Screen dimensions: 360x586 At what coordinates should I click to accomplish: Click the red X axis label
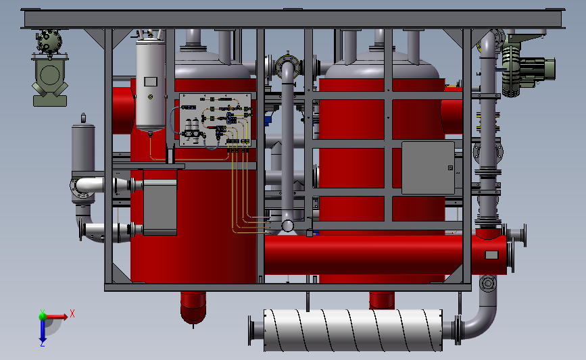pyautogui.click(x=72, y=313)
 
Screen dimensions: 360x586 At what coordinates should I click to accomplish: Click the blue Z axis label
pyautogui.click(x=42, y=343)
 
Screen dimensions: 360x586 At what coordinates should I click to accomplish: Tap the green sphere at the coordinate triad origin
pyautogui.click(x=42, y=315)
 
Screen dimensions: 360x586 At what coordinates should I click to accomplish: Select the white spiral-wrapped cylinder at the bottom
pyautogui.click(x=351, y=330)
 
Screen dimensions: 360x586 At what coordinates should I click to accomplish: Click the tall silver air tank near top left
pyautogui.click(x=151, y=84)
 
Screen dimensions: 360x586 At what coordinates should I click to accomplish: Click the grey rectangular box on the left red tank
pyautogui.click(x=160, y=207)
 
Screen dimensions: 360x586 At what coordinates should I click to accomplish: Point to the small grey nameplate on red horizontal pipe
pyautogui.click(x=491, y=255)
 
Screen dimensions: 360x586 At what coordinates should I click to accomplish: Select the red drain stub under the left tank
pyautogui.click(x=195, y=307)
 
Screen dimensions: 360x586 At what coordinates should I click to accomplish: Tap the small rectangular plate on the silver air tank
pyautogui.click(x=150, y=82)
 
